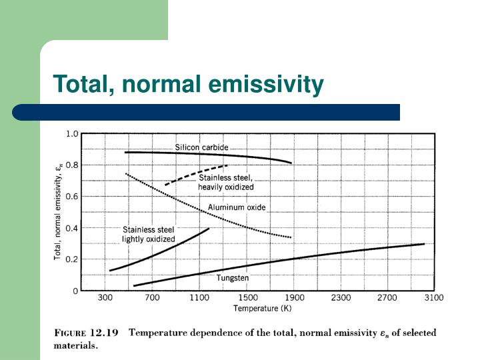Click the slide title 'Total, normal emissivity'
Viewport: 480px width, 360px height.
(x=189, y=85)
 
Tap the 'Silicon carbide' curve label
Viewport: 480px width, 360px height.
(x=201, y=147)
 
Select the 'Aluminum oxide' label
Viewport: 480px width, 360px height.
(x=236, y=207)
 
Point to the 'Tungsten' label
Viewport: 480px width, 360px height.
(x=232, y=277)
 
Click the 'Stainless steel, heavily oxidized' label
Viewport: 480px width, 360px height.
(x=226, y=182)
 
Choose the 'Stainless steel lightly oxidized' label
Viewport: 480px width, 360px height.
(x=148, y=234)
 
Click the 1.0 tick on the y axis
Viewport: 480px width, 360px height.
(x=72, y=133)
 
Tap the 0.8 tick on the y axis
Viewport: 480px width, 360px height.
(x=72, y=165)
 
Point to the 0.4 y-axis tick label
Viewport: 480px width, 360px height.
(x=72, y=228)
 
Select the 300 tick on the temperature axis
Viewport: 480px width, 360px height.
(x=105, y=298)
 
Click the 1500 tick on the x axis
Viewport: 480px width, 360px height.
(x=248, y=298)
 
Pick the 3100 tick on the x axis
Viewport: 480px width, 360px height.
(x=434, y=298)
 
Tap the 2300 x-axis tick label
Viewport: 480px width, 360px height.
(x=342, y=298)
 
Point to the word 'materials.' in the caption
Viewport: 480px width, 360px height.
(x=75, y=346)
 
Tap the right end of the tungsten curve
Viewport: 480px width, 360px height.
(x=423, y=244)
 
